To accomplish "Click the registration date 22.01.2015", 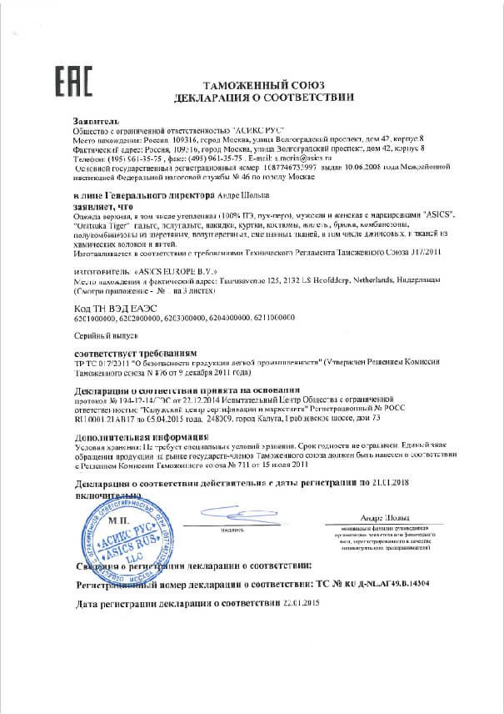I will point(277,603).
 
